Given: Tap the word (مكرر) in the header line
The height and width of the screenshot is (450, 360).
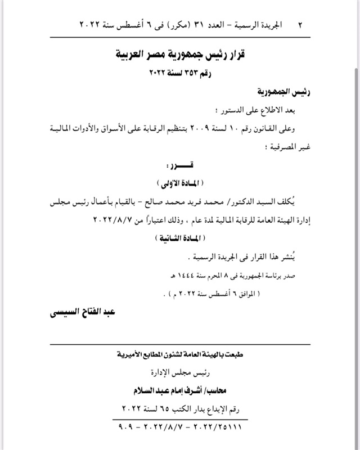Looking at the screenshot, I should (x=157, y=25).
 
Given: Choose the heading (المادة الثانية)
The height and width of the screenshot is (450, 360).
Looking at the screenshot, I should (x=182, y=237).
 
